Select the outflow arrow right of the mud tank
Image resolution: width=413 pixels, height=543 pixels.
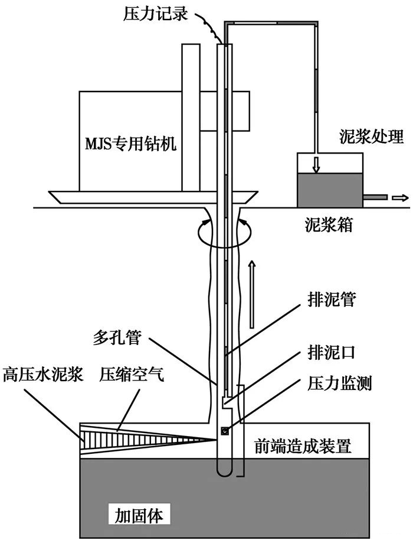pyautogui.click(x=399, y=197)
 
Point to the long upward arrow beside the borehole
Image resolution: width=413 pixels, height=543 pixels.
pyautogui.click(x=252, y=292)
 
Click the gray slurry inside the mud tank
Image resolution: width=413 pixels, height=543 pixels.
pyautogui.click(x=329, y=189)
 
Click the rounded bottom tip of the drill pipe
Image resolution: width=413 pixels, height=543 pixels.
pyautogui.click(x=225, y=470)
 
